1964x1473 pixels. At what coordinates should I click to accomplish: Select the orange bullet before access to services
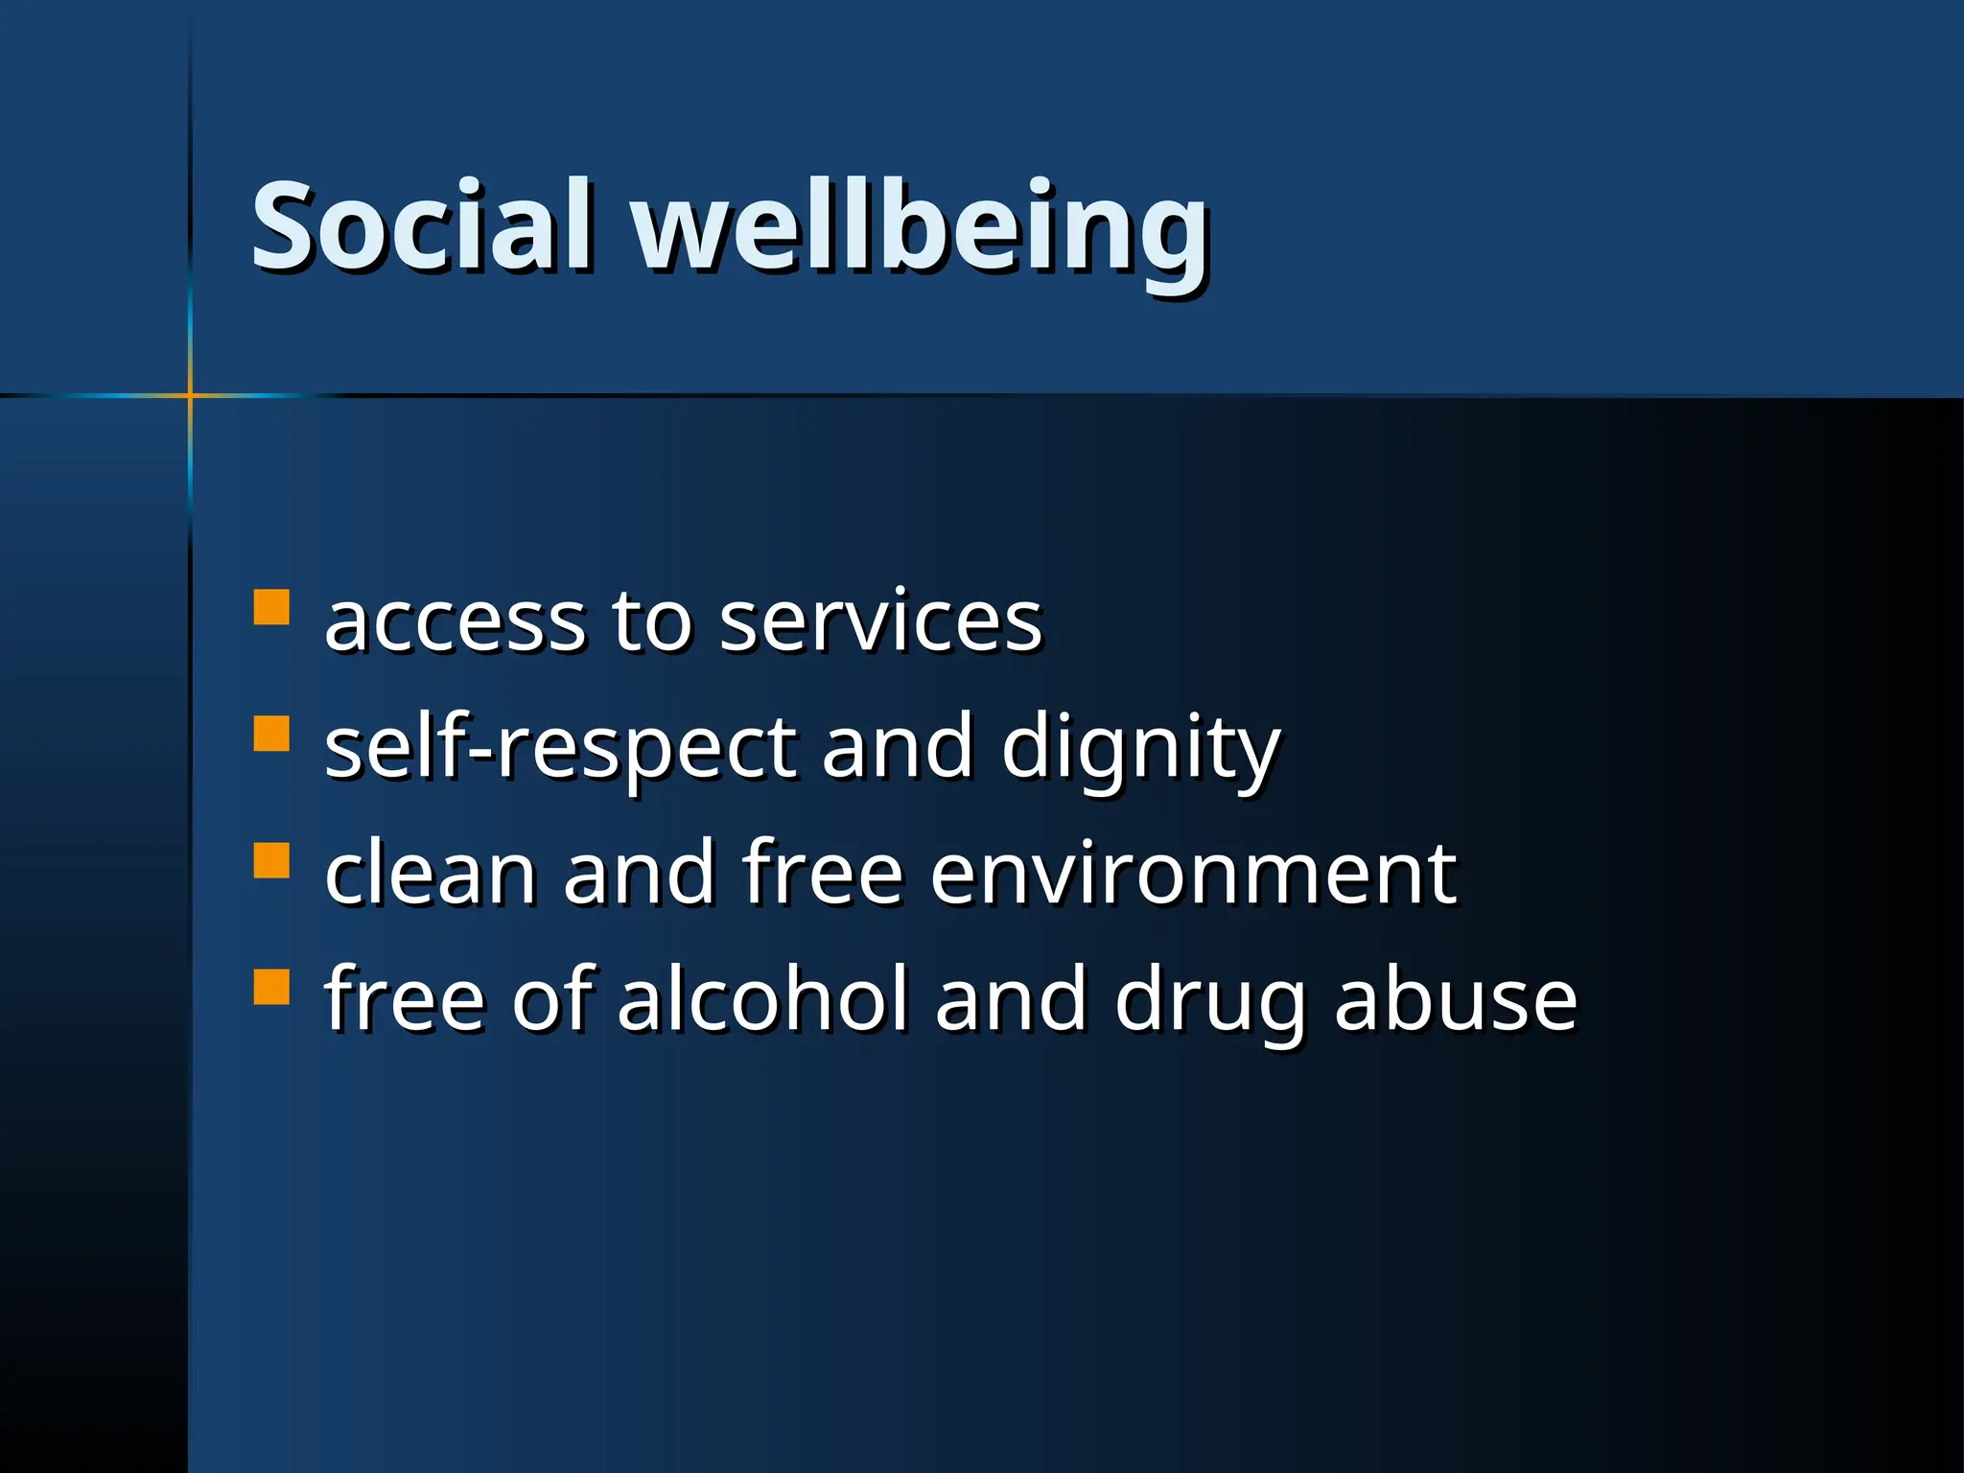[x=271, y=607]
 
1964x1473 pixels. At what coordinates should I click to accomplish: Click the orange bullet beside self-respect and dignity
[x=271, y=734]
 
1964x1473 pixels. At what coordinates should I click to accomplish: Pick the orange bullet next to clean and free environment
[x=271, y=860]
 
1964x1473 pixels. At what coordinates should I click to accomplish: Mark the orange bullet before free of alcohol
[x=271, y=987]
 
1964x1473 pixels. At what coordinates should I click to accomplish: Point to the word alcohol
[x=761, y=999]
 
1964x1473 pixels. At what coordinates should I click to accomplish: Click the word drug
[x=1209, y=1002]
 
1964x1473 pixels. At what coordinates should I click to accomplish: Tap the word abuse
[x=1455, y=999]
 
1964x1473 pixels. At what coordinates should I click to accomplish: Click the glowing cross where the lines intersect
[x=190, y=394]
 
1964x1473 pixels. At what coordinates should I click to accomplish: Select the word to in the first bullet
[x=651, y=623]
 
